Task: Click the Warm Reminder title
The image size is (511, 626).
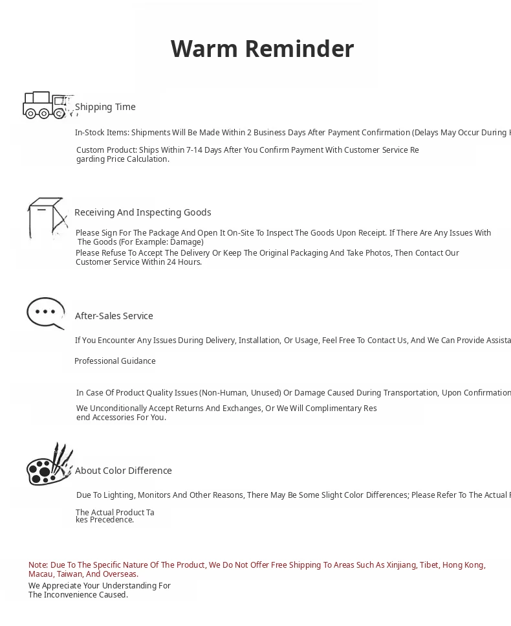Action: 262,49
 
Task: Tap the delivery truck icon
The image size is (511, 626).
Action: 45,105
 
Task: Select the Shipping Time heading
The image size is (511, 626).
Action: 105,107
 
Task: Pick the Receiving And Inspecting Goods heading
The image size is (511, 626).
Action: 142,212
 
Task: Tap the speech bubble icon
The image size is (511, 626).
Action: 45,313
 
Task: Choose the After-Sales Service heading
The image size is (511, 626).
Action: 114,316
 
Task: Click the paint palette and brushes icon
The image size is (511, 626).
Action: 49,465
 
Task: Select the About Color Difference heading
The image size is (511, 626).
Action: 124,471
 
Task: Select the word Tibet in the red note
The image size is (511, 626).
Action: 429,565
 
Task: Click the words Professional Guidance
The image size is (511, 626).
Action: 115,361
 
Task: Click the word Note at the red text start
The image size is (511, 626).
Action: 38,565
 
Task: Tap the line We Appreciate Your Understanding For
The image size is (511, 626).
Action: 100,586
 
